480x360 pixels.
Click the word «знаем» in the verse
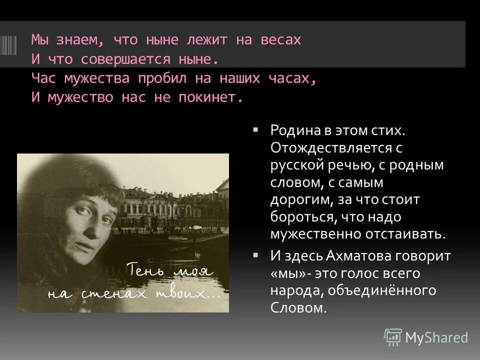84,40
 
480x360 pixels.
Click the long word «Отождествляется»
330,148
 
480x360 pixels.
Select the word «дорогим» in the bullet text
295,200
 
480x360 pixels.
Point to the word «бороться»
300,217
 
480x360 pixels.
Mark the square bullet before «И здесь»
255,254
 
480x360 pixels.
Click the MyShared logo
426,337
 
